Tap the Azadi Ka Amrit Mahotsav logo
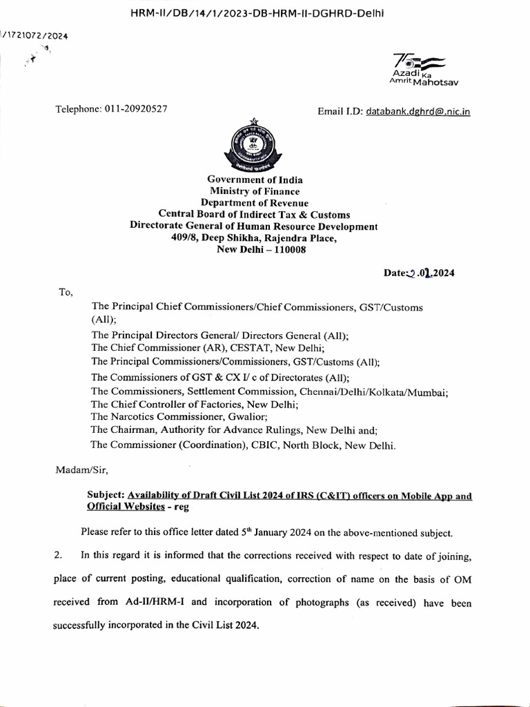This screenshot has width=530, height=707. coord(424,68)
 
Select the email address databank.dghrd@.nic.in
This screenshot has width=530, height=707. coord(418,110)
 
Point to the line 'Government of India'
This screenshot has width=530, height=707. coord(255,180)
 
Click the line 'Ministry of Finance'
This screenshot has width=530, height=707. coord(255,191)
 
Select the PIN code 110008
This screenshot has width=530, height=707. coord(287,249)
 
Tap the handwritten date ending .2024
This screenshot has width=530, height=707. coord(419,273)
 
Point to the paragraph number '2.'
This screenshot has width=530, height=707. coord(59,555)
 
